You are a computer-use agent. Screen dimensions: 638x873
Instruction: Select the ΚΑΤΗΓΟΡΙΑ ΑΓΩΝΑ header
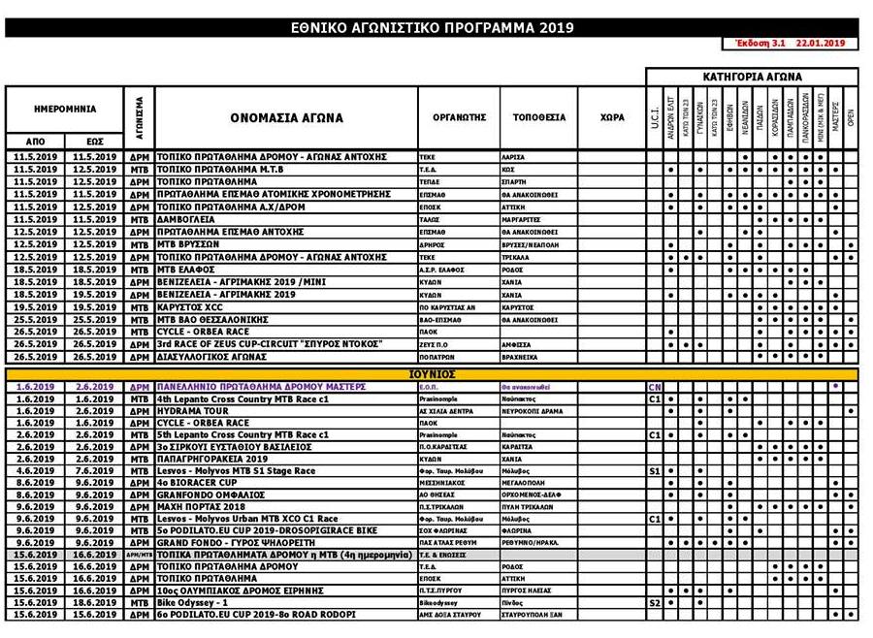pos(752,76)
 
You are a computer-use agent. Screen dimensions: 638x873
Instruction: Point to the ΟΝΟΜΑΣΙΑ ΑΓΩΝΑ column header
pos(286,117)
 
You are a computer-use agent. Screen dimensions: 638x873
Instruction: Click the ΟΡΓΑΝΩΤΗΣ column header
pos(459,117)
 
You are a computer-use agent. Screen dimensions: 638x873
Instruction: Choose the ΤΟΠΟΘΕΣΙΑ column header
pos(540,117)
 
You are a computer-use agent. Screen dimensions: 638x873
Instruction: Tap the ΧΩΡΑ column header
pos(611,117)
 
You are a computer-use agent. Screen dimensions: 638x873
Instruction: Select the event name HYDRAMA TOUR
pos(190,410)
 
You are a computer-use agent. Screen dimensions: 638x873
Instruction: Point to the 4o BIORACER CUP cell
pos(195,482)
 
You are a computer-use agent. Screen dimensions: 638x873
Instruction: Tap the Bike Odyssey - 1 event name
pos(194,602)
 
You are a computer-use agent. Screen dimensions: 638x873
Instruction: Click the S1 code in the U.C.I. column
pos(654,470)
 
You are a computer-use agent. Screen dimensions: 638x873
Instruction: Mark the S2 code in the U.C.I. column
pos(654,602)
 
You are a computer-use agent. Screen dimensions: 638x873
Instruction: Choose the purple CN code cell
pos(654,386)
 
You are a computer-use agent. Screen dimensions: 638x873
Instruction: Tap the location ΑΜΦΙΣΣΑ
pos(519,343)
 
